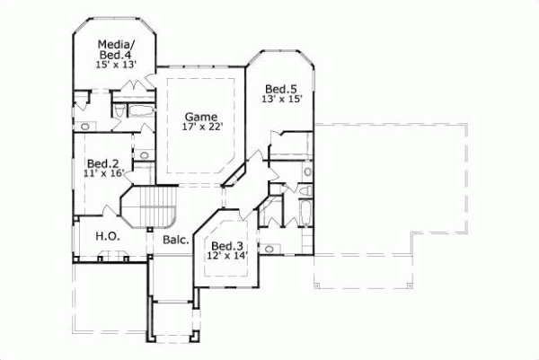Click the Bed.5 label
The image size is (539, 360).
[280, 89]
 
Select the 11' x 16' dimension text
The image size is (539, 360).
[102, 174]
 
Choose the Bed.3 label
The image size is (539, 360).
[225, 246]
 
